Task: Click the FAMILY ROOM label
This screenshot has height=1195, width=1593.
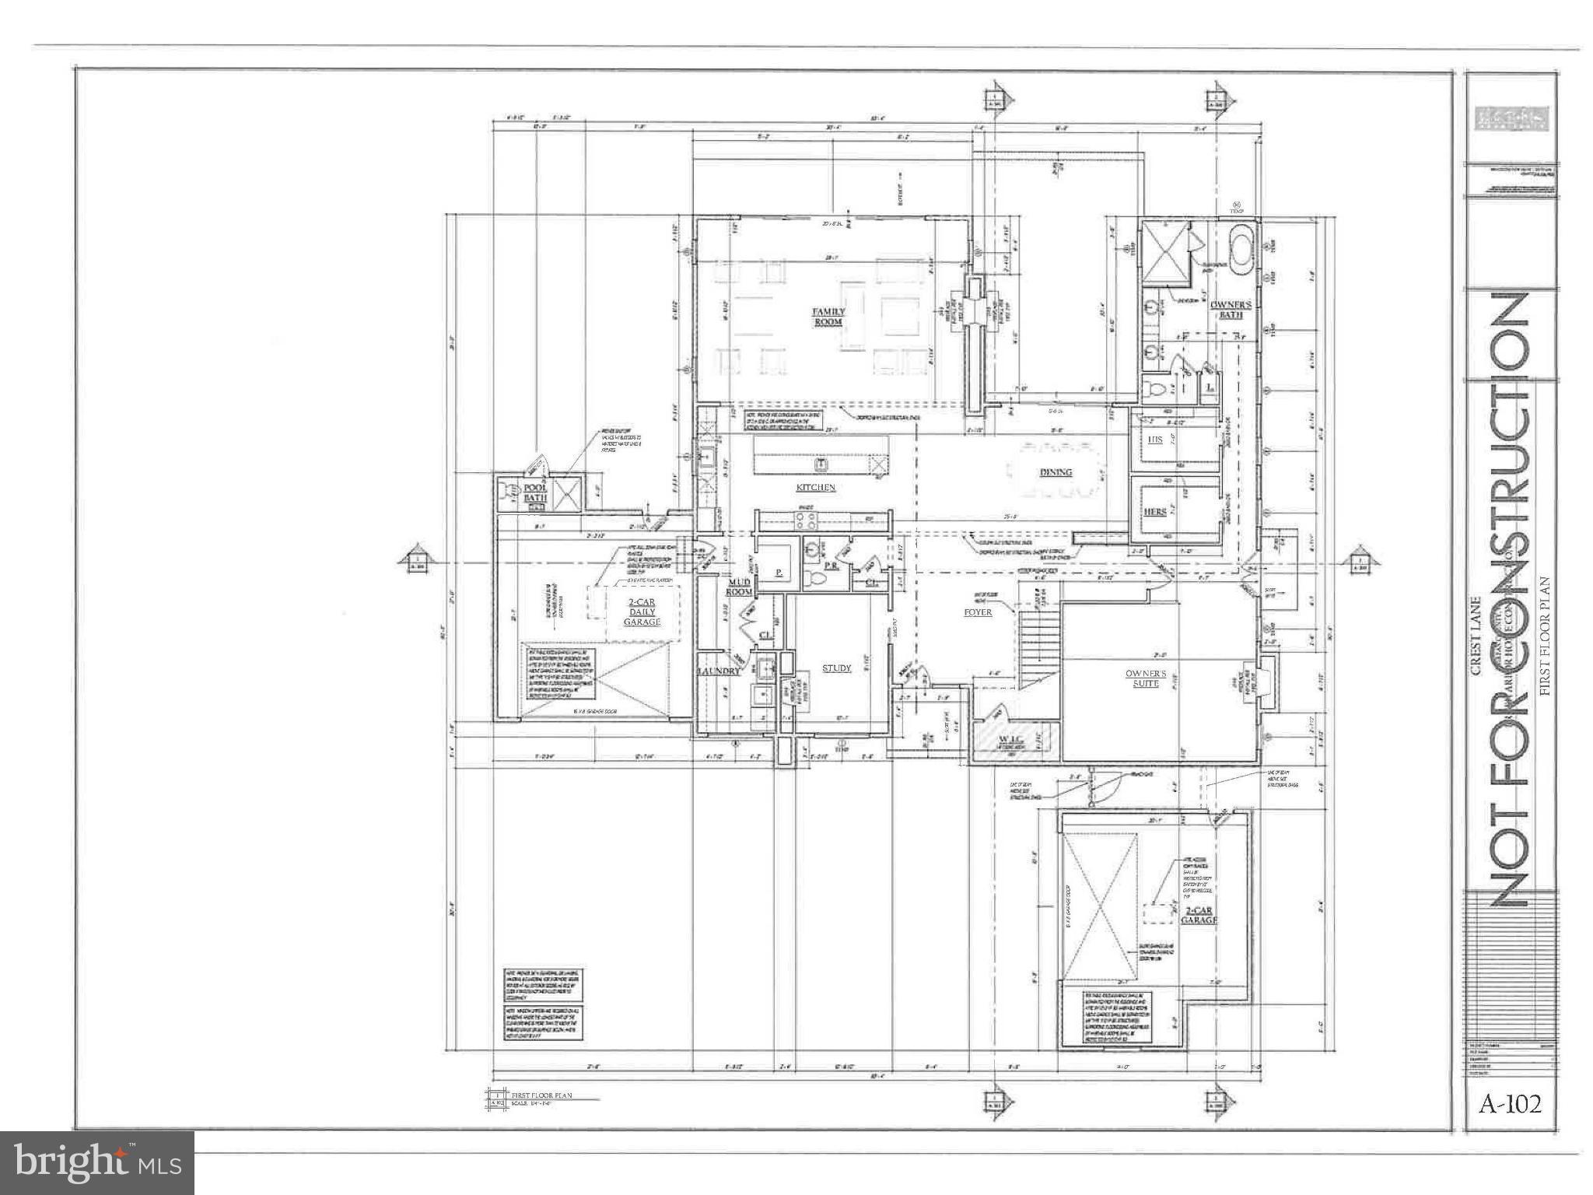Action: [828, 317]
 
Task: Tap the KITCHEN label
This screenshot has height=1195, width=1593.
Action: [814, 488]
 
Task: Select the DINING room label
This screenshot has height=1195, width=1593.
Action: [1056, 472]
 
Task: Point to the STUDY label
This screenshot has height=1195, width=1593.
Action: [837, 668]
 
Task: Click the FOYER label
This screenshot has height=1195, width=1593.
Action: [978, 612]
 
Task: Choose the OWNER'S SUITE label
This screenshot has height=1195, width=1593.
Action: [1146, 678]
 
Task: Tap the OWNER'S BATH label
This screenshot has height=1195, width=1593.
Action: [1230, 310]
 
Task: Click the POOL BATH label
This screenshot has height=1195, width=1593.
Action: [536, 492]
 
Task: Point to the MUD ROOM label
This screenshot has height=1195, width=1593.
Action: [739, 587]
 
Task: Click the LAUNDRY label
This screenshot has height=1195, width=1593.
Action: [719, 671]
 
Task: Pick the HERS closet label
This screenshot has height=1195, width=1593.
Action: [1155, 512]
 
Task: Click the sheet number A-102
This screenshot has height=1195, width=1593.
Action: [1511, 1104]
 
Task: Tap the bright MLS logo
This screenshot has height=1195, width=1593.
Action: [97, 1162]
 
